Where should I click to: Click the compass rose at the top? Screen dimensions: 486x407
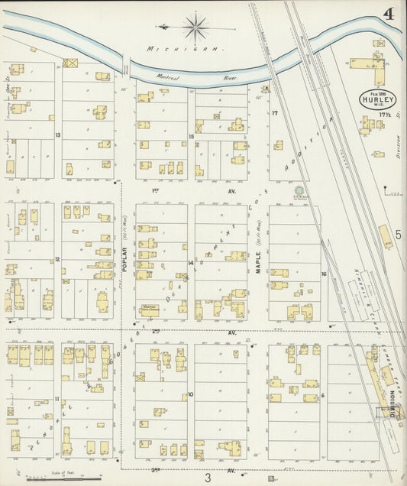click(x=196, y=28)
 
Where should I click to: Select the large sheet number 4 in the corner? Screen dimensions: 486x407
click(x=389, y=13)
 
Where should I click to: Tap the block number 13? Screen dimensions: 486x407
click(x=58, y=134)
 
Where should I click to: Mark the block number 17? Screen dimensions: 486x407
click(x=273, y=113)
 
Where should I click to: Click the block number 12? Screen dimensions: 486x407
click(x=58, y=260)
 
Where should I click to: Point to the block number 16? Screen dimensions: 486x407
click(x=324, y=273)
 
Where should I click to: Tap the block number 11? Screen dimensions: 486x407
click(x=57, y=399)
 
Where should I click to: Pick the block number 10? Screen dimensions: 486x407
click(x=190, y=394)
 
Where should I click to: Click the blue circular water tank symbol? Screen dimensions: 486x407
click(x=299, y=190)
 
